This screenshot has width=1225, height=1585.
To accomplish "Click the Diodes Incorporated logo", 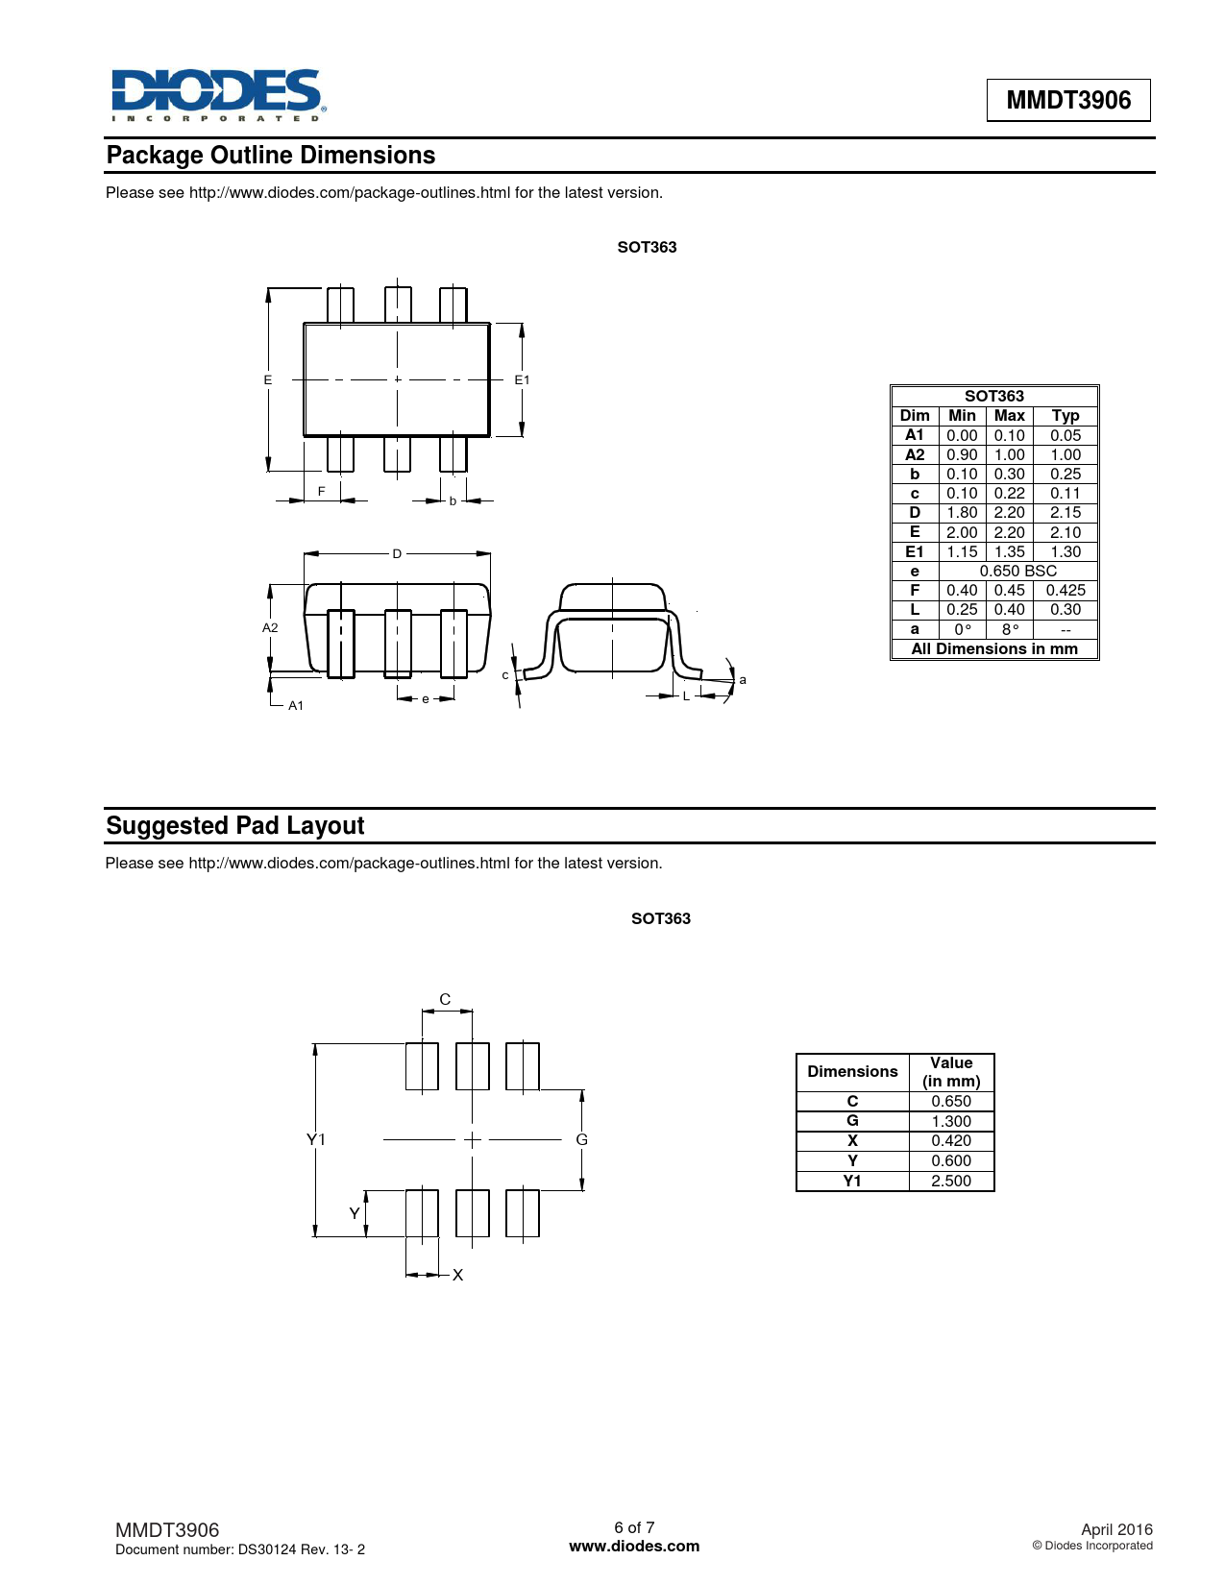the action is (218, 95).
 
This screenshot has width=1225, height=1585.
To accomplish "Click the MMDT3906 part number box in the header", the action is (1068, 100).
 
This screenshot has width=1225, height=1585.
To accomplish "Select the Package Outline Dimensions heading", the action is (271, 156).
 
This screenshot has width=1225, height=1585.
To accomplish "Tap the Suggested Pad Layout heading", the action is (235, 826).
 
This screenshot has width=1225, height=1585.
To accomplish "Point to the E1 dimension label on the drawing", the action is (522, 380).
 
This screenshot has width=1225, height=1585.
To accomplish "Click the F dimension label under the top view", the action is (321, 492).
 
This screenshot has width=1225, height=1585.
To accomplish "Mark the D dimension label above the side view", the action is (397, 553).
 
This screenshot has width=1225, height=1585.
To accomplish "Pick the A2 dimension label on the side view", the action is (270, 627).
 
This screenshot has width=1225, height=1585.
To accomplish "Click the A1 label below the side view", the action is (296, 705).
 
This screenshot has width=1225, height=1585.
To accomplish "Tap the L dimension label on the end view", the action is (686, 696).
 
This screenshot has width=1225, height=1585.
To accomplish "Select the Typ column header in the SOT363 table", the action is (1066, 416).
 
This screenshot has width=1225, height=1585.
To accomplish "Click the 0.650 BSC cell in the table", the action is (1017, 572).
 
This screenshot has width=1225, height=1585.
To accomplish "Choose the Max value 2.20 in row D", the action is (1009, 513).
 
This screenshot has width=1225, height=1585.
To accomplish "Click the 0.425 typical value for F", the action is (1066, 590).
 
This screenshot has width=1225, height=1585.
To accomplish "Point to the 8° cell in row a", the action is (1009, 629).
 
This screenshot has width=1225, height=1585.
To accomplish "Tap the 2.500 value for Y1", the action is (950, 1181).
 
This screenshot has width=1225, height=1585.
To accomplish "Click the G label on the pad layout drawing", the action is (581, 1139).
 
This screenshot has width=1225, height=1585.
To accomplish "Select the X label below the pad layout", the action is (457, 1275).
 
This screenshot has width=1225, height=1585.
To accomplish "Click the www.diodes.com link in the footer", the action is (634, 1546).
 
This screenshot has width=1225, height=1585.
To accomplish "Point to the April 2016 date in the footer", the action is (1116, 1529).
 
